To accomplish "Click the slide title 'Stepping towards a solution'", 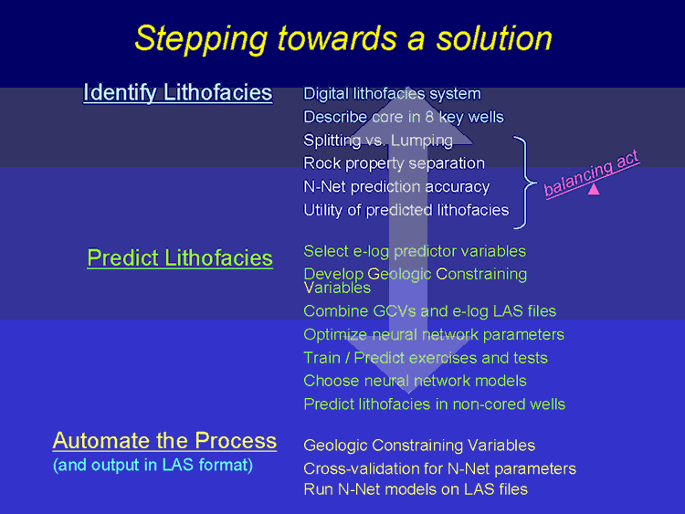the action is (x=343, y=39).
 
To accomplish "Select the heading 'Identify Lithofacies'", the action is (x=178, y=93).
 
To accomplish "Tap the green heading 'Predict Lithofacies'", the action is (x=180, y=258).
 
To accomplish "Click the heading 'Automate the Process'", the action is (x=164, y=440).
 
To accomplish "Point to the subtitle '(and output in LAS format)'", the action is (x=153, y=465).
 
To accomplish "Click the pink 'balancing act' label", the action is (x=592, y=173).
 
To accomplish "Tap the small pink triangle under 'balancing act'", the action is (x=594, y=189).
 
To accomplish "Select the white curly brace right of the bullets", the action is (x=525, y=182).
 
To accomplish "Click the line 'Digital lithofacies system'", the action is (x=393, y=93).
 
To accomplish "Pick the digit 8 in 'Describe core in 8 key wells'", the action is (x=429, y=117).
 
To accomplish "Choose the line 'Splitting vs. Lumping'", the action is (x=378, y=141).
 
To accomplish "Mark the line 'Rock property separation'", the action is (x=394, y=163).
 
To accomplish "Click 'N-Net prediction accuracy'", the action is (x=396, y=186).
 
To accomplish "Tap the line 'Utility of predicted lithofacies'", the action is (x=406, y=210).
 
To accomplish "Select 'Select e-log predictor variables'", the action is (x=415, y=251).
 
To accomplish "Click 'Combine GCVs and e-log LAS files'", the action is (x=430, y=311).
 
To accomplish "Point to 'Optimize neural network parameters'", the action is (x=434, y=334).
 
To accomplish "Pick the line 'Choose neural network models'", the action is (x=415, y=381).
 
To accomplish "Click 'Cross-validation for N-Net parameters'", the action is (x=440, y=468).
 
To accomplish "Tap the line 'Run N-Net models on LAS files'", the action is (x=416, y=489).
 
